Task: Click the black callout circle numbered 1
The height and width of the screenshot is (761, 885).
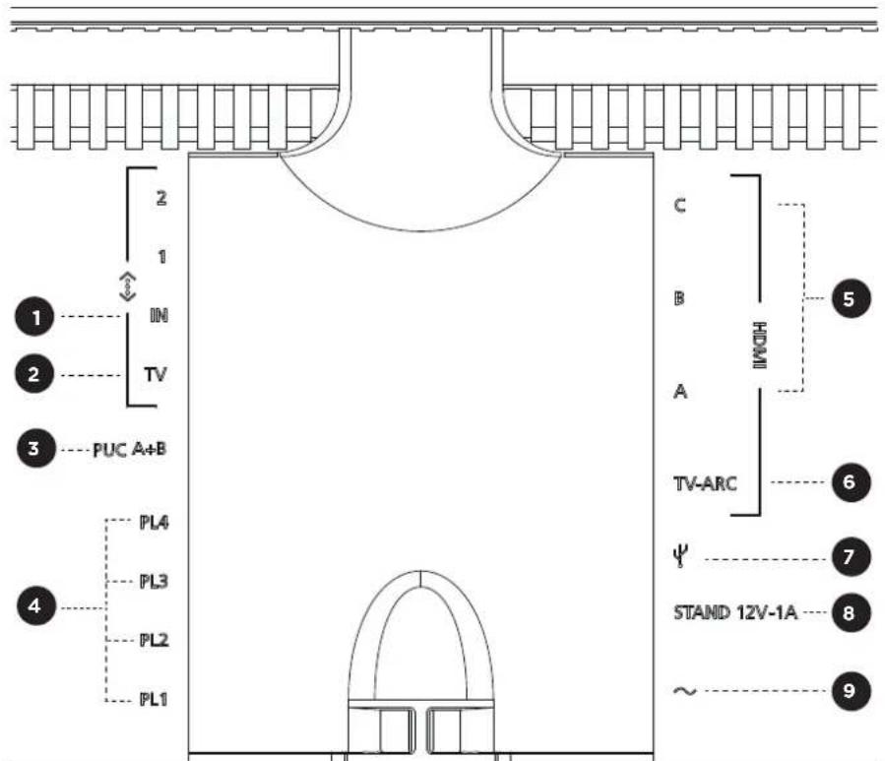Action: tap(34, 316)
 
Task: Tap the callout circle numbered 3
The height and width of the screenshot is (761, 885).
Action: tap(35, 449)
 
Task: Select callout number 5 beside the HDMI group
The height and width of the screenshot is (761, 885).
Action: tap(851, 298)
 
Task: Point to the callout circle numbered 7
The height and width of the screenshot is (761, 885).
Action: tap(851, 557)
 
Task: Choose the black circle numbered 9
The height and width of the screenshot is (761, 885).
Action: tap(851, 690)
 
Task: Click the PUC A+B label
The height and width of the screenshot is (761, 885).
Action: tap(129, 449)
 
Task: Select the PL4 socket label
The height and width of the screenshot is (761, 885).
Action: tap(154, 522)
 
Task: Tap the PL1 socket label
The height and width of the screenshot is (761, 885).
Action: tap(154, 699)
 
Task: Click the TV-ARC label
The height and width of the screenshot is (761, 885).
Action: tap(705, 483)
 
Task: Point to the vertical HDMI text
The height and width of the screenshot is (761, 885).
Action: tap(760, 345)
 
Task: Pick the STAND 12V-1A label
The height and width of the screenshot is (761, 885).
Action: tap(735, 612)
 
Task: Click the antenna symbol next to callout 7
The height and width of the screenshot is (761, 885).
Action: tap(680, 556)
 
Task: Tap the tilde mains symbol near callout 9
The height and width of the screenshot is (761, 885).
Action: tap(684, 691)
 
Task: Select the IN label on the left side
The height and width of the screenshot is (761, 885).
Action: tap(158, 315)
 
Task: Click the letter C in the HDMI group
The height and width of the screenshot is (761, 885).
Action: tap(680, 205)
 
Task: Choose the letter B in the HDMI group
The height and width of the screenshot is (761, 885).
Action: tap(679, 297)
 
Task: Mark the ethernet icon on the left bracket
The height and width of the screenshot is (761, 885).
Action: tap(128, 286)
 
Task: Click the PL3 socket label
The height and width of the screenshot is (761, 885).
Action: tap(154, 581)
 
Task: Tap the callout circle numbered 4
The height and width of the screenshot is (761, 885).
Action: tap(35, 605)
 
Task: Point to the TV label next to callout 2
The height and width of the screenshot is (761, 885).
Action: tap(156, 374)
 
